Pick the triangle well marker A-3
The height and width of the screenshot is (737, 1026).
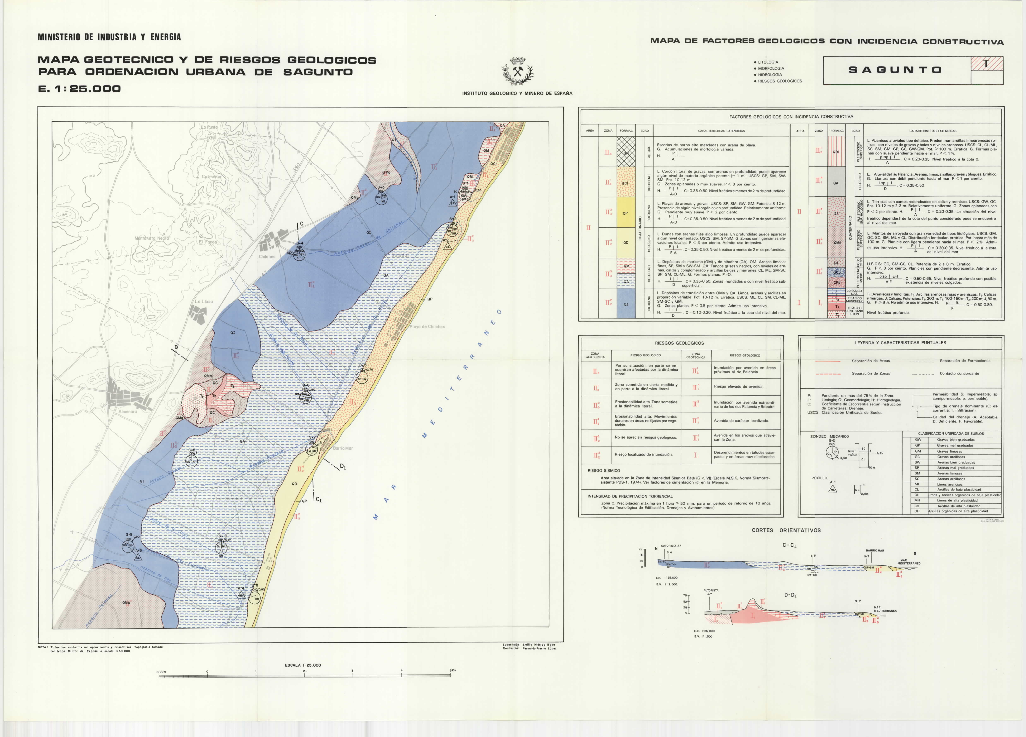tap(138, 557)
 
